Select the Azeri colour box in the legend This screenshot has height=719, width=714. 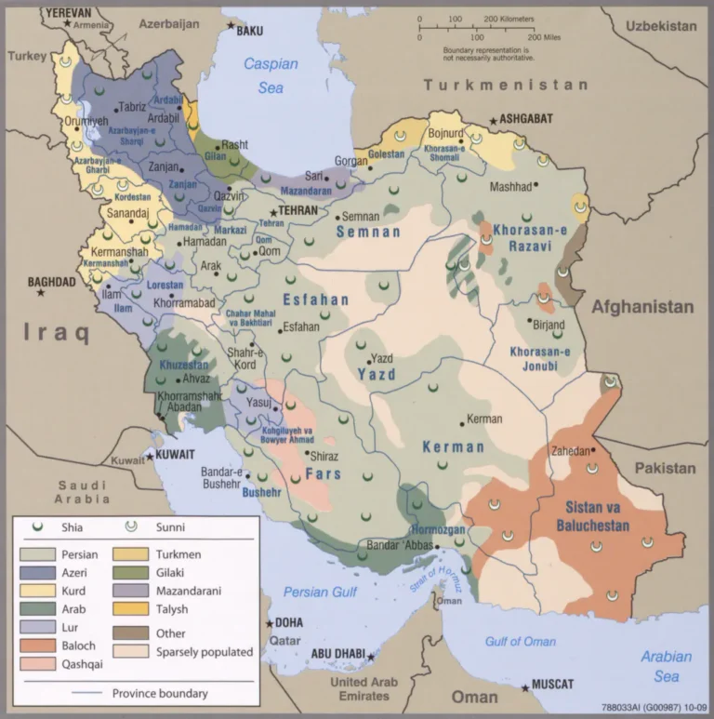(x=34, y=572)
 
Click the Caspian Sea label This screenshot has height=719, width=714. (x=271, y=75)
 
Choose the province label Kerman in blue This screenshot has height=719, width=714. (x=453, y=447)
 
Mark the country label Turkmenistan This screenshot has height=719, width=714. (x=506, y=85)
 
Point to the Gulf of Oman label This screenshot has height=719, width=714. (x=520, y=642)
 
